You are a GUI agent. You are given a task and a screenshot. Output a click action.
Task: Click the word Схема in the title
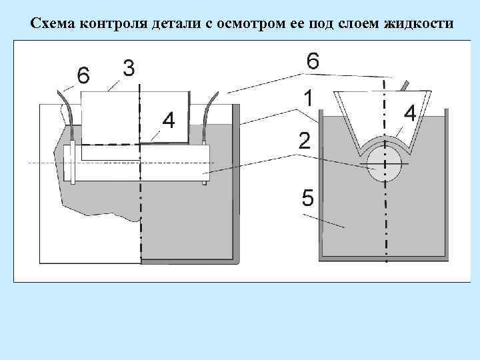53,25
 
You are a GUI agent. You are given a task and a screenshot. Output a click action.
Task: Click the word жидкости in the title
419,25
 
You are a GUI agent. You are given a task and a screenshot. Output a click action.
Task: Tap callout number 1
308,98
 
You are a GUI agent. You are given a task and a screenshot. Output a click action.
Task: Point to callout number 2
304,141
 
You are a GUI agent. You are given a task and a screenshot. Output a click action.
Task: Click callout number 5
307,198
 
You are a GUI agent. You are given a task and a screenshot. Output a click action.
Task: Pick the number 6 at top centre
313,61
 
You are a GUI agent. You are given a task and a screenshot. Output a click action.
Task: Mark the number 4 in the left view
169,121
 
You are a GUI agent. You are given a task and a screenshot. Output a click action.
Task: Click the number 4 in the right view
410,113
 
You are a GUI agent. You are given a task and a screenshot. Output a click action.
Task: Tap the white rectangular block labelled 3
113,117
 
